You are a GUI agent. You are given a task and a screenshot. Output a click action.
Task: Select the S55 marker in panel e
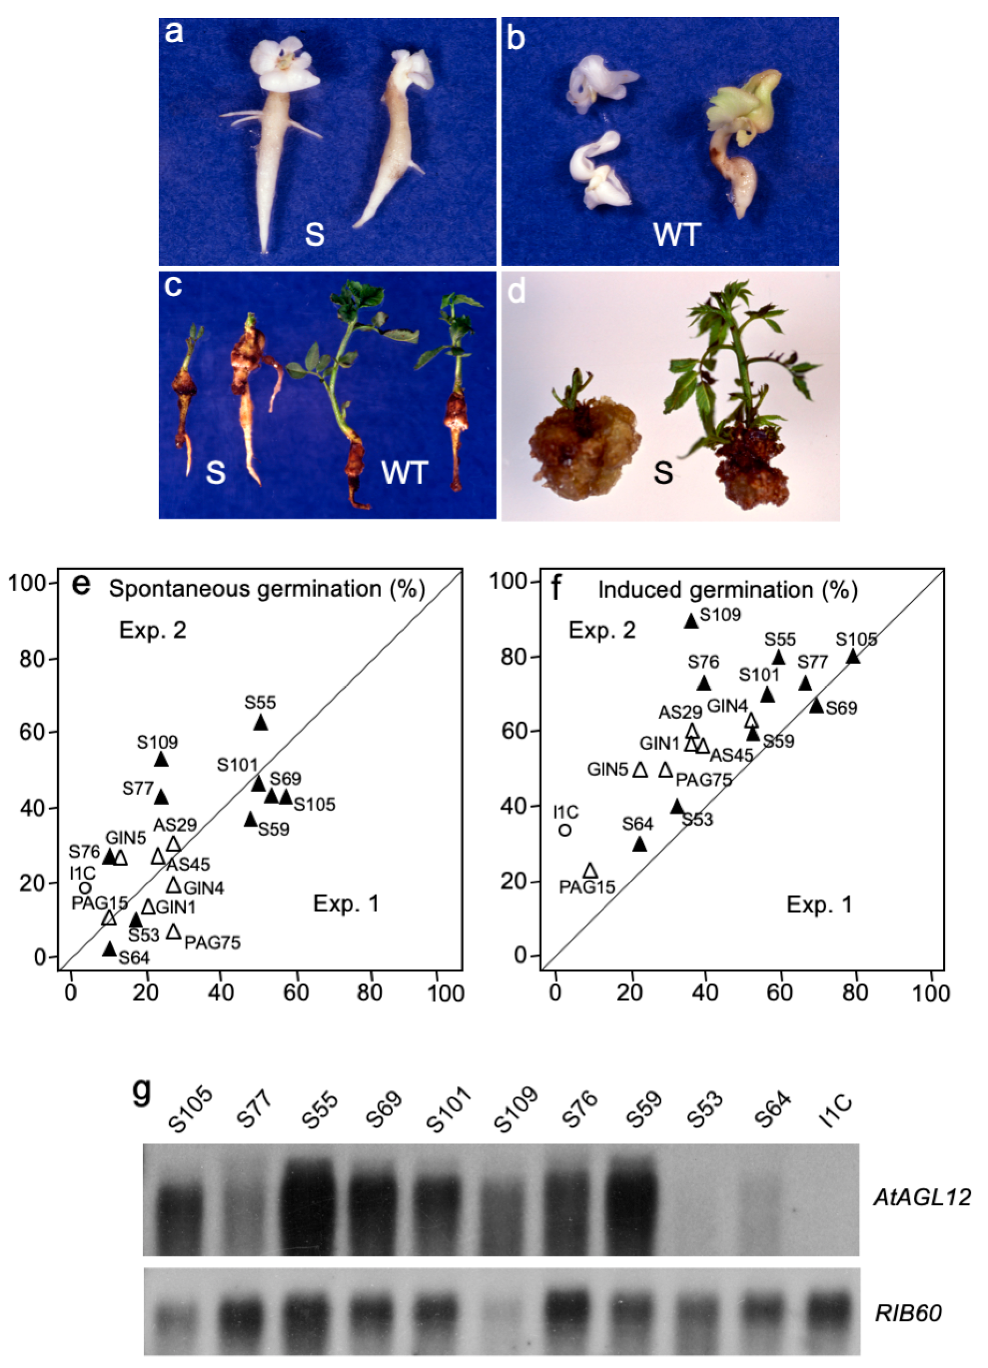point(261,723)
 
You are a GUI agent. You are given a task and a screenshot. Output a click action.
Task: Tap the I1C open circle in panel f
point(565,830)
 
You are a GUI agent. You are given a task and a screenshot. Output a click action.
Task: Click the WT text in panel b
point(677,234)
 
